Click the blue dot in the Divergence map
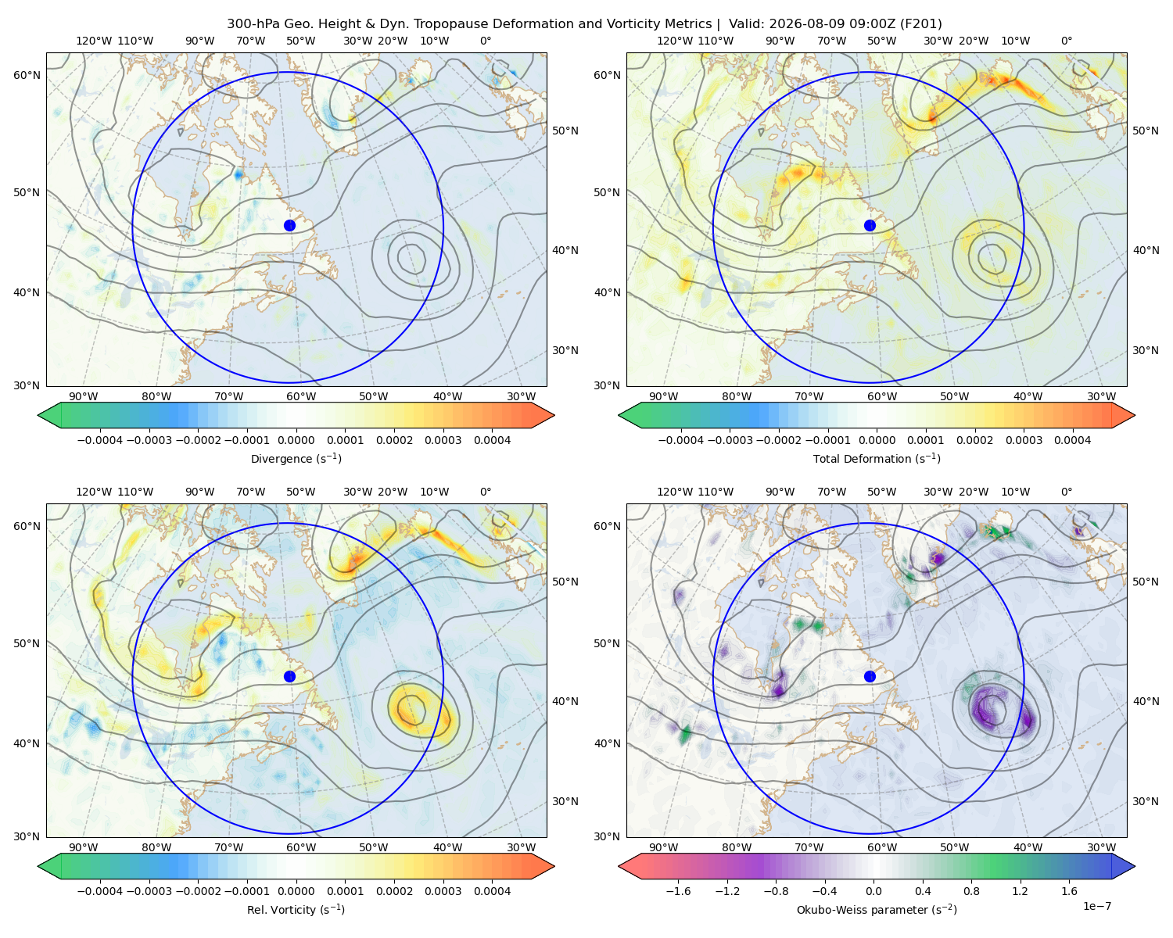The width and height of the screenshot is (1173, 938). click(289, 226)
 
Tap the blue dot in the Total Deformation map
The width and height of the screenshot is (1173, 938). click(870, 226)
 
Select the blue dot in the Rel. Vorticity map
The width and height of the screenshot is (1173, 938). click(289, 676)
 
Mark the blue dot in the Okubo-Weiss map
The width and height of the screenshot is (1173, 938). click(870, 676)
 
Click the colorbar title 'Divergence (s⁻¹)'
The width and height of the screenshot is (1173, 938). click(296, 459)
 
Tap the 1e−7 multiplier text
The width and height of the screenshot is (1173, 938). click(1096, 906)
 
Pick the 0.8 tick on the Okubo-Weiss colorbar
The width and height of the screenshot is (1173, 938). click(971, 891)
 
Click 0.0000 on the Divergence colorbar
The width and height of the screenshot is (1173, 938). click(296, 440)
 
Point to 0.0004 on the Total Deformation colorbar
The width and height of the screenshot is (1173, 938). click(1073, 440)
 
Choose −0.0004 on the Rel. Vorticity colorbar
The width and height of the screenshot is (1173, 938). click(100, 891)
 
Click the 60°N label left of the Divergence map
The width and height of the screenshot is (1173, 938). click(27, 75)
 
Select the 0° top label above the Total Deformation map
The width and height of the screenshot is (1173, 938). click(1067, 41)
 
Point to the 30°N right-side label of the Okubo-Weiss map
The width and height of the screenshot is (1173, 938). click(1146, 801)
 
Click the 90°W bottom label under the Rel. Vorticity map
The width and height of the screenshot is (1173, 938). click(84, 847)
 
